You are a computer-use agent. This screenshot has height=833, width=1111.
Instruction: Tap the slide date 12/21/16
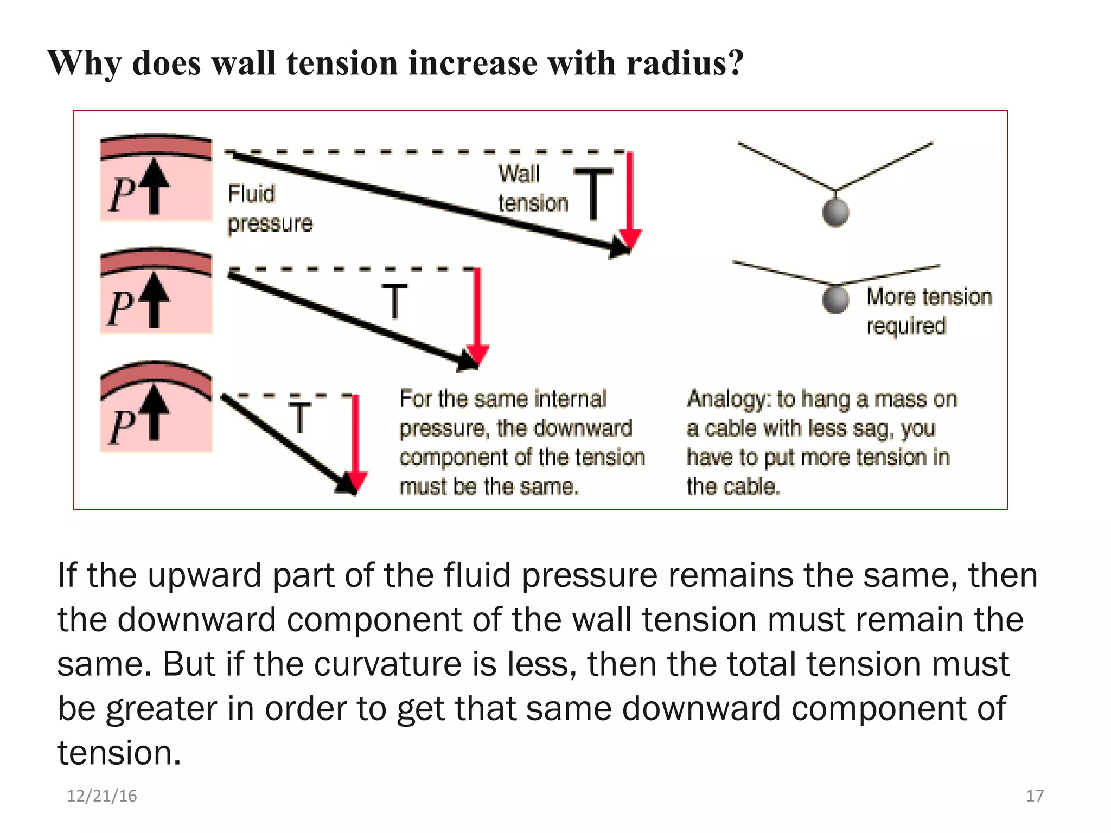coord(101,796)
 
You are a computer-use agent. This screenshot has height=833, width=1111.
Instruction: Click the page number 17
coord(1035,796)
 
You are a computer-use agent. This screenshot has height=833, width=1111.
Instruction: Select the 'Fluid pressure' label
coord(270,209)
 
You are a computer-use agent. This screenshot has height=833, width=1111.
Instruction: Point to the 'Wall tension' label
coord(532,188)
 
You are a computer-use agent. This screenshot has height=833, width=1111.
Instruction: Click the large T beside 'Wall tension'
coord(593,193)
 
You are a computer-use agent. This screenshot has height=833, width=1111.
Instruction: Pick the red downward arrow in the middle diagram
coord(477,315)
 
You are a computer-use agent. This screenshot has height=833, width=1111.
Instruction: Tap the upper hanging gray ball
coord(835,212)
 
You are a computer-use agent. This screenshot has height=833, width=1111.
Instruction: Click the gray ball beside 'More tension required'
coord(835,299)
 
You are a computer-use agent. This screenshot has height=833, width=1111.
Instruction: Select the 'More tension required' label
coord(929,311)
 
